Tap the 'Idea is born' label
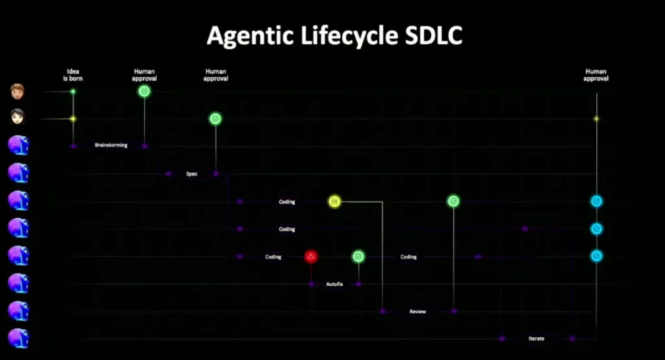[73, 75]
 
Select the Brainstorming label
[111, 146]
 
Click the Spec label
[192, 174]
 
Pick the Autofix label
[334, 285]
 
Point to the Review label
[418, 312]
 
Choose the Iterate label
[536, 339]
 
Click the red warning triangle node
[311, 257]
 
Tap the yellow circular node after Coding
[334, 201]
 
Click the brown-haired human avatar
[18, 92]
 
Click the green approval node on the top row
[144, 92]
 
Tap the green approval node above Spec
[216, 119]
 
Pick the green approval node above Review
[453, 201]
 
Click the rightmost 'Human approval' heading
[596, 75]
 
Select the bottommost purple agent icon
[18, 339]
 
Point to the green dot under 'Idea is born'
[73, 92]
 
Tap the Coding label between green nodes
[408, 257]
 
